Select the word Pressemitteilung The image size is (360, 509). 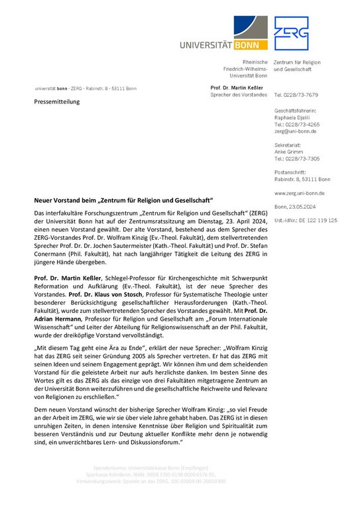tap(57, 102)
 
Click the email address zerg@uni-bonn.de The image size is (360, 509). tap(296, 131)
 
